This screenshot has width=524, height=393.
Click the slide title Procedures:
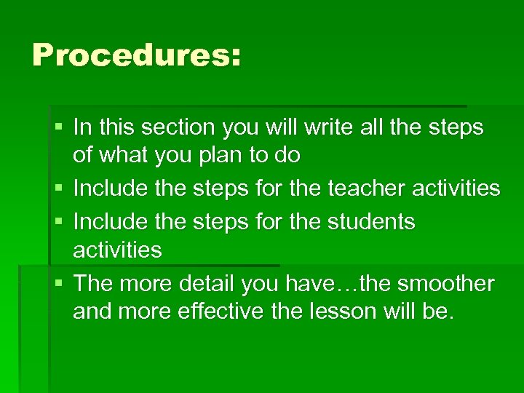(x=136, y=55)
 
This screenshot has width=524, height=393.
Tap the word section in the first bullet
(x=177, y=127)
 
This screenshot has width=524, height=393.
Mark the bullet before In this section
(x=58, y=128)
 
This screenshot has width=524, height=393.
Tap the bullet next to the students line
(x=58, y=222)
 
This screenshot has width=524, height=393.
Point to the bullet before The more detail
(x=58, y=284)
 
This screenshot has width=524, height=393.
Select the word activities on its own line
(x=117, y=250)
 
